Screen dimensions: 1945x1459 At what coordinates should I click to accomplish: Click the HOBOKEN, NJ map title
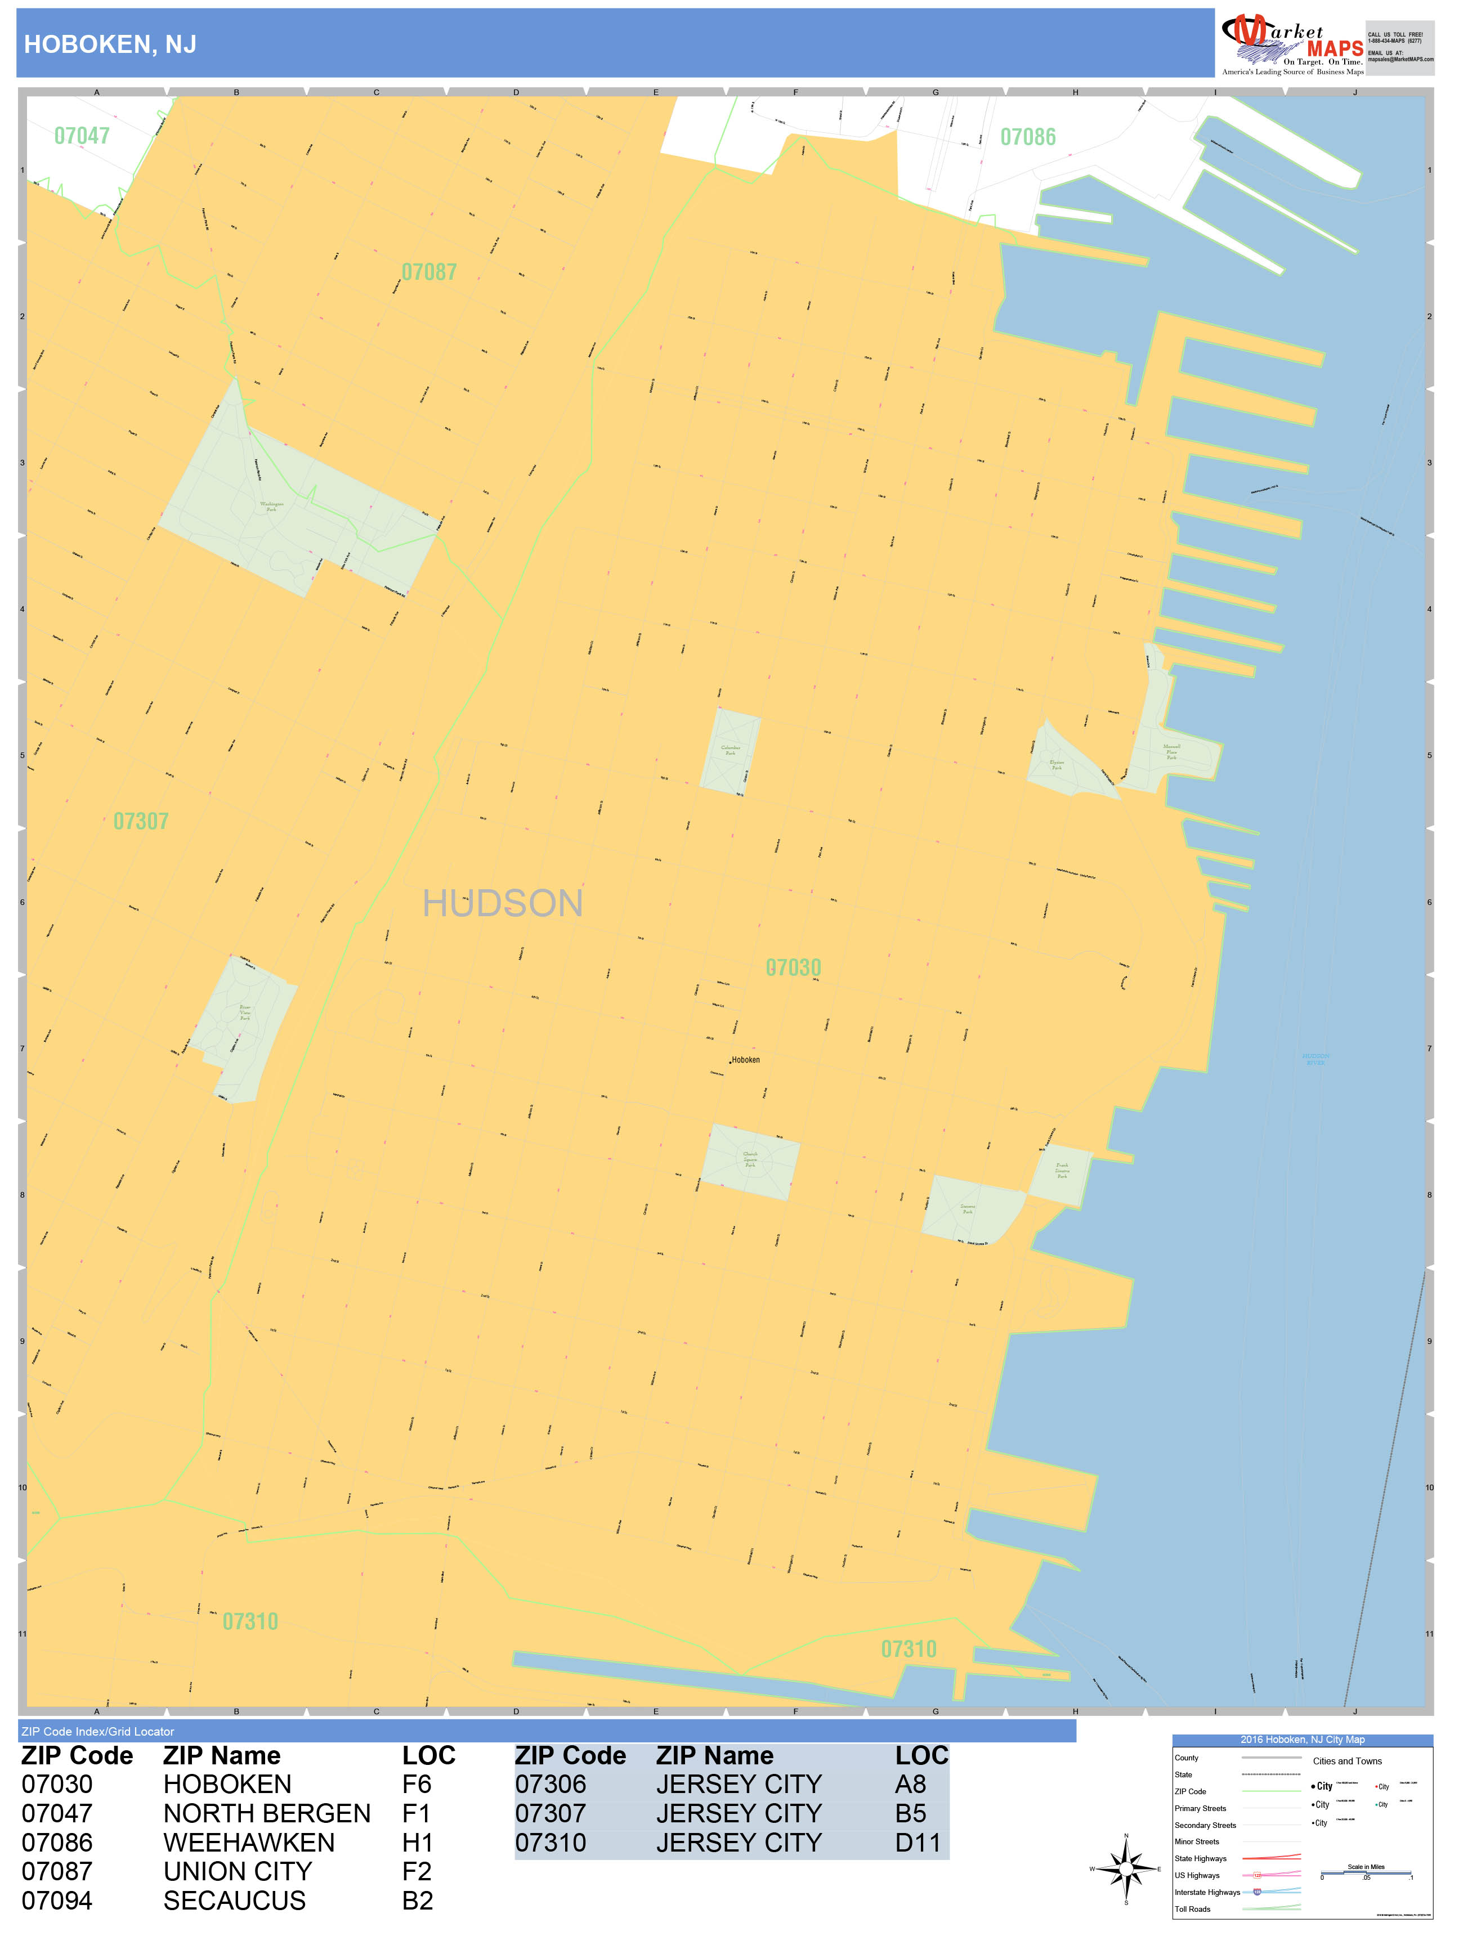pyautogui.click(x=110, y=45)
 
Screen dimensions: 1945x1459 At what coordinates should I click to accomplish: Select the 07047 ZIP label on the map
pyautogui.click(x=82, y=136)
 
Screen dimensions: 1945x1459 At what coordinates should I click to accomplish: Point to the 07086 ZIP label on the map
pyautogui.click(x=1027, y=137)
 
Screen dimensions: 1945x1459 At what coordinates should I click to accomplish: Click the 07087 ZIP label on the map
pyautogui.click(x=428, y=272)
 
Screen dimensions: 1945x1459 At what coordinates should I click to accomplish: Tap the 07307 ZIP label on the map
pyautogui.click(x=141, y=821)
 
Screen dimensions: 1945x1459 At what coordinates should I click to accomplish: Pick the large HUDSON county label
pyautogui.click(x=502, y=904)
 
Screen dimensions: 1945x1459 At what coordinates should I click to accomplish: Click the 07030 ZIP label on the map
pyautogui.click(x=793, y=967)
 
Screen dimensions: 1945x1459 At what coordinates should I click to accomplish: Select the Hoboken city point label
pyautogui.click(x=744, y=1060)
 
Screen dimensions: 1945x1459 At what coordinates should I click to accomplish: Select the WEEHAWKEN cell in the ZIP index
pyautogui.click(x=249, y=1842)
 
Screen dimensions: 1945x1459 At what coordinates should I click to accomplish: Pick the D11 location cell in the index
pyautogui.click(x=918, y=1842)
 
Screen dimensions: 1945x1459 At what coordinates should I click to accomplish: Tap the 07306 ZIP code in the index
pyautogui.click(x=551, y=1784)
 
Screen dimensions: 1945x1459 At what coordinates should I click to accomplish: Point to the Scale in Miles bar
pyautogui.click(x=1365, y=1872)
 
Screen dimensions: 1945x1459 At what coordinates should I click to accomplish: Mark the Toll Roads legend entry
pyautogui.click(x=1193, y=1909)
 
